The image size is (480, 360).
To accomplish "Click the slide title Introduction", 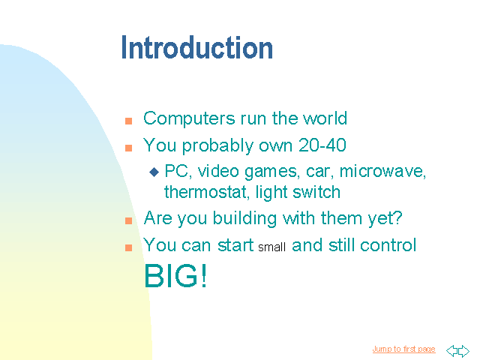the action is click(x=196, y=47).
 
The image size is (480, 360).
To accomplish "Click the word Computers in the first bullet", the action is click(x=189, y=118).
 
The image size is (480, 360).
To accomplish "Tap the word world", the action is click(x=325, y=118).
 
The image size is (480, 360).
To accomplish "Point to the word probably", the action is click(x=217, y=145).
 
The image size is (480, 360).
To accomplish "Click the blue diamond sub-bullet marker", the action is click(x=154, y=172).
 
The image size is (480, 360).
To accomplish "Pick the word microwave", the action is click(x=382, y=172).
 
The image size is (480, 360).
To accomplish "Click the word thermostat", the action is click(x=205, y=192).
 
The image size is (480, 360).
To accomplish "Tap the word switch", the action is click(x=316, y=192).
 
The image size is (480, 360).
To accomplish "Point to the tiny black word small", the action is click(x=271, y=247).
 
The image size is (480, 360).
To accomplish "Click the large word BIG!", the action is click(x=175, y=275).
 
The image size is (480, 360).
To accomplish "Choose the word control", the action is click(x=388, y=245).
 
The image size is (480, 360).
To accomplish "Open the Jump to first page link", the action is click(x=403, y=349).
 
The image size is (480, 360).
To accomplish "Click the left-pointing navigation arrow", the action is click(x=451, y=351).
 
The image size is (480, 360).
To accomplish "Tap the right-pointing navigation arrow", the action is click(x=463, y=351).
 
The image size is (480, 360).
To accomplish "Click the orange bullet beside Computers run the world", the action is click(x=128, y=121).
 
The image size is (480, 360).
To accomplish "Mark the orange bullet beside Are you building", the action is click(x=128, y=220).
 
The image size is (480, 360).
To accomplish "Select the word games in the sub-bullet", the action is click(x=271, y=172).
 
